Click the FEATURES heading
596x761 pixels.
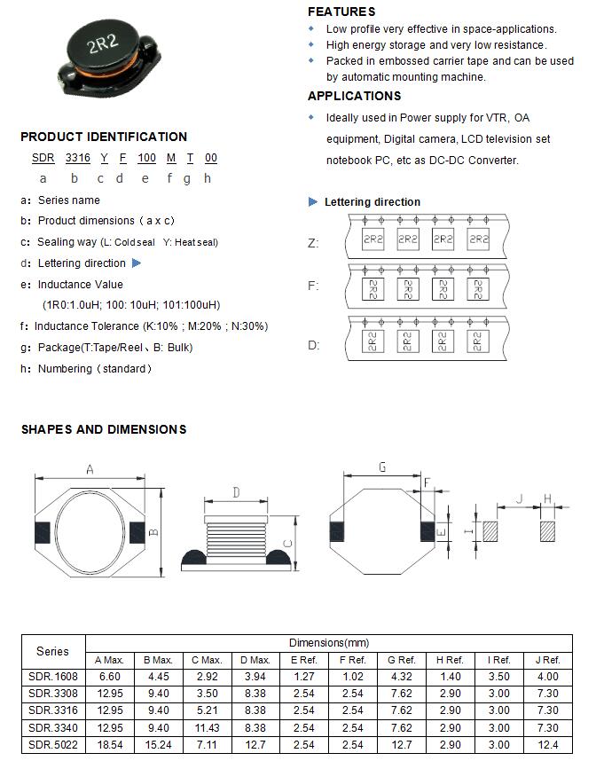[341, 12]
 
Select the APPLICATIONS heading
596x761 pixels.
[354, 96]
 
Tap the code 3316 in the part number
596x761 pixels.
[77, 158]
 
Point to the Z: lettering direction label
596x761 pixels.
[312, 243]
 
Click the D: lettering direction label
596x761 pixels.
[313, 345]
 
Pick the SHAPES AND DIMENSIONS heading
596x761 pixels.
[104, 429]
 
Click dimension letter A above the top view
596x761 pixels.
[90, 470]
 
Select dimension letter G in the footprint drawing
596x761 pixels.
[382, 467]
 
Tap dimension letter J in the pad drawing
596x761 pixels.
[521, 498]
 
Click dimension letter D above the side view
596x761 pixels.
[236, 492]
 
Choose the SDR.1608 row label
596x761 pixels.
[52, 677]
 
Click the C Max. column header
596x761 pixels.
[207, 660]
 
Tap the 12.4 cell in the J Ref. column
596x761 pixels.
[547, 744]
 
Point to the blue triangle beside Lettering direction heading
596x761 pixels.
[313, 202]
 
